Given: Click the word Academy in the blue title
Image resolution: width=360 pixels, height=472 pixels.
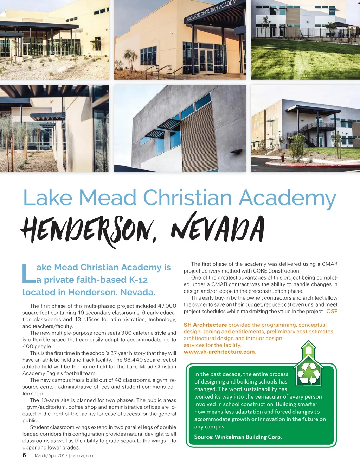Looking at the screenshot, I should [x=287, y=198].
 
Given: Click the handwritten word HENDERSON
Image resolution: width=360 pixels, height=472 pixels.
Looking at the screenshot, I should [x=88, y=230].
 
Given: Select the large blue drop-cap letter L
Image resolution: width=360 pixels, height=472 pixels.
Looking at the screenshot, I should [x=28, y=274].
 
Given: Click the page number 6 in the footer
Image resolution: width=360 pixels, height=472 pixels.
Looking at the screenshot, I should [x=24, y=455].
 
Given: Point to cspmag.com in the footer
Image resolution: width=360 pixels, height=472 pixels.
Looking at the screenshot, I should [x=83, y=455].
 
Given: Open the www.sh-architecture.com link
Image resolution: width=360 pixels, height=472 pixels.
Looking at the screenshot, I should [x=220, y=352].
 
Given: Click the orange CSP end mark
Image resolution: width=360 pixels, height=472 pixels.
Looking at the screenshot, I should [x=332, y=312].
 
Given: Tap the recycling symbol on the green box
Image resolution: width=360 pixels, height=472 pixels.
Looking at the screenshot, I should [x=309, y=373].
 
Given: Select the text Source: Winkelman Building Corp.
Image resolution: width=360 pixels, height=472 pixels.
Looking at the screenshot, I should [x=238, y=437].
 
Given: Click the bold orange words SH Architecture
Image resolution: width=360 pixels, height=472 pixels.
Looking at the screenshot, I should [x=205, y=325].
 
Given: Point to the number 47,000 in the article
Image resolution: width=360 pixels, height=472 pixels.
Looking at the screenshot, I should [x=167, y=306].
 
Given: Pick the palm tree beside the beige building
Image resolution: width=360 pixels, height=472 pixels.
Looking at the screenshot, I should [x=131, y=58].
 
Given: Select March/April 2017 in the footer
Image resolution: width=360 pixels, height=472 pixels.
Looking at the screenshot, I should [x=51, y=455].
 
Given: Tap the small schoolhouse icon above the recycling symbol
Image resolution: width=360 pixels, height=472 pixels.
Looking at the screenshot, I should [x=308, y=349].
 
